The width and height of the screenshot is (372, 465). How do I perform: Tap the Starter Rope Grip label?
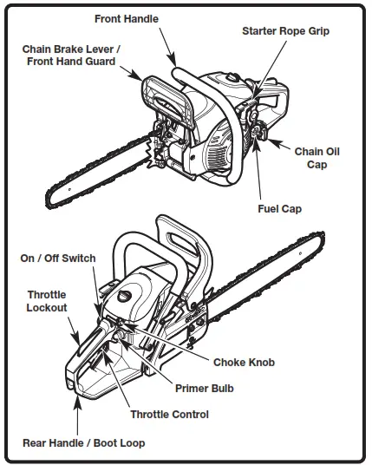point(285,30)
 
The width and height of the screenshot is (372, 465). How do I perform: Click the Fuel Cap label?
point(280,208)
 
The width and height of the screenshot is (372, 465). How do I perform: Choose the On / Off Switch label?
point(58,259)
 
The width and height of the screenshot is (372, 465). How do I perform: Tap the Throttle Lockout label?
point(46,301)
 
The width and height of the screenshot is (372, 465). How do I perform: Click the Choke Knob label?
point(244,362)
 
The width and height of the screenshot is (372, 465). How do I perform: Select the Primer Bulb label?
point(205,389)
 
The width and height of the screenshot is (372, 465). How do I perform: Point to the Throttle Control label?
point(169,415)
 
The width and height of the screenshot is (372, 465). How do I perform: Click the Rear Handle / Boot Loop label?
point(83,443)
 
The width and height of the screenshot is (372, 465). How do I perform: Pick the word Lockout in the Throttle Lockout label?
point(46,307)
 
